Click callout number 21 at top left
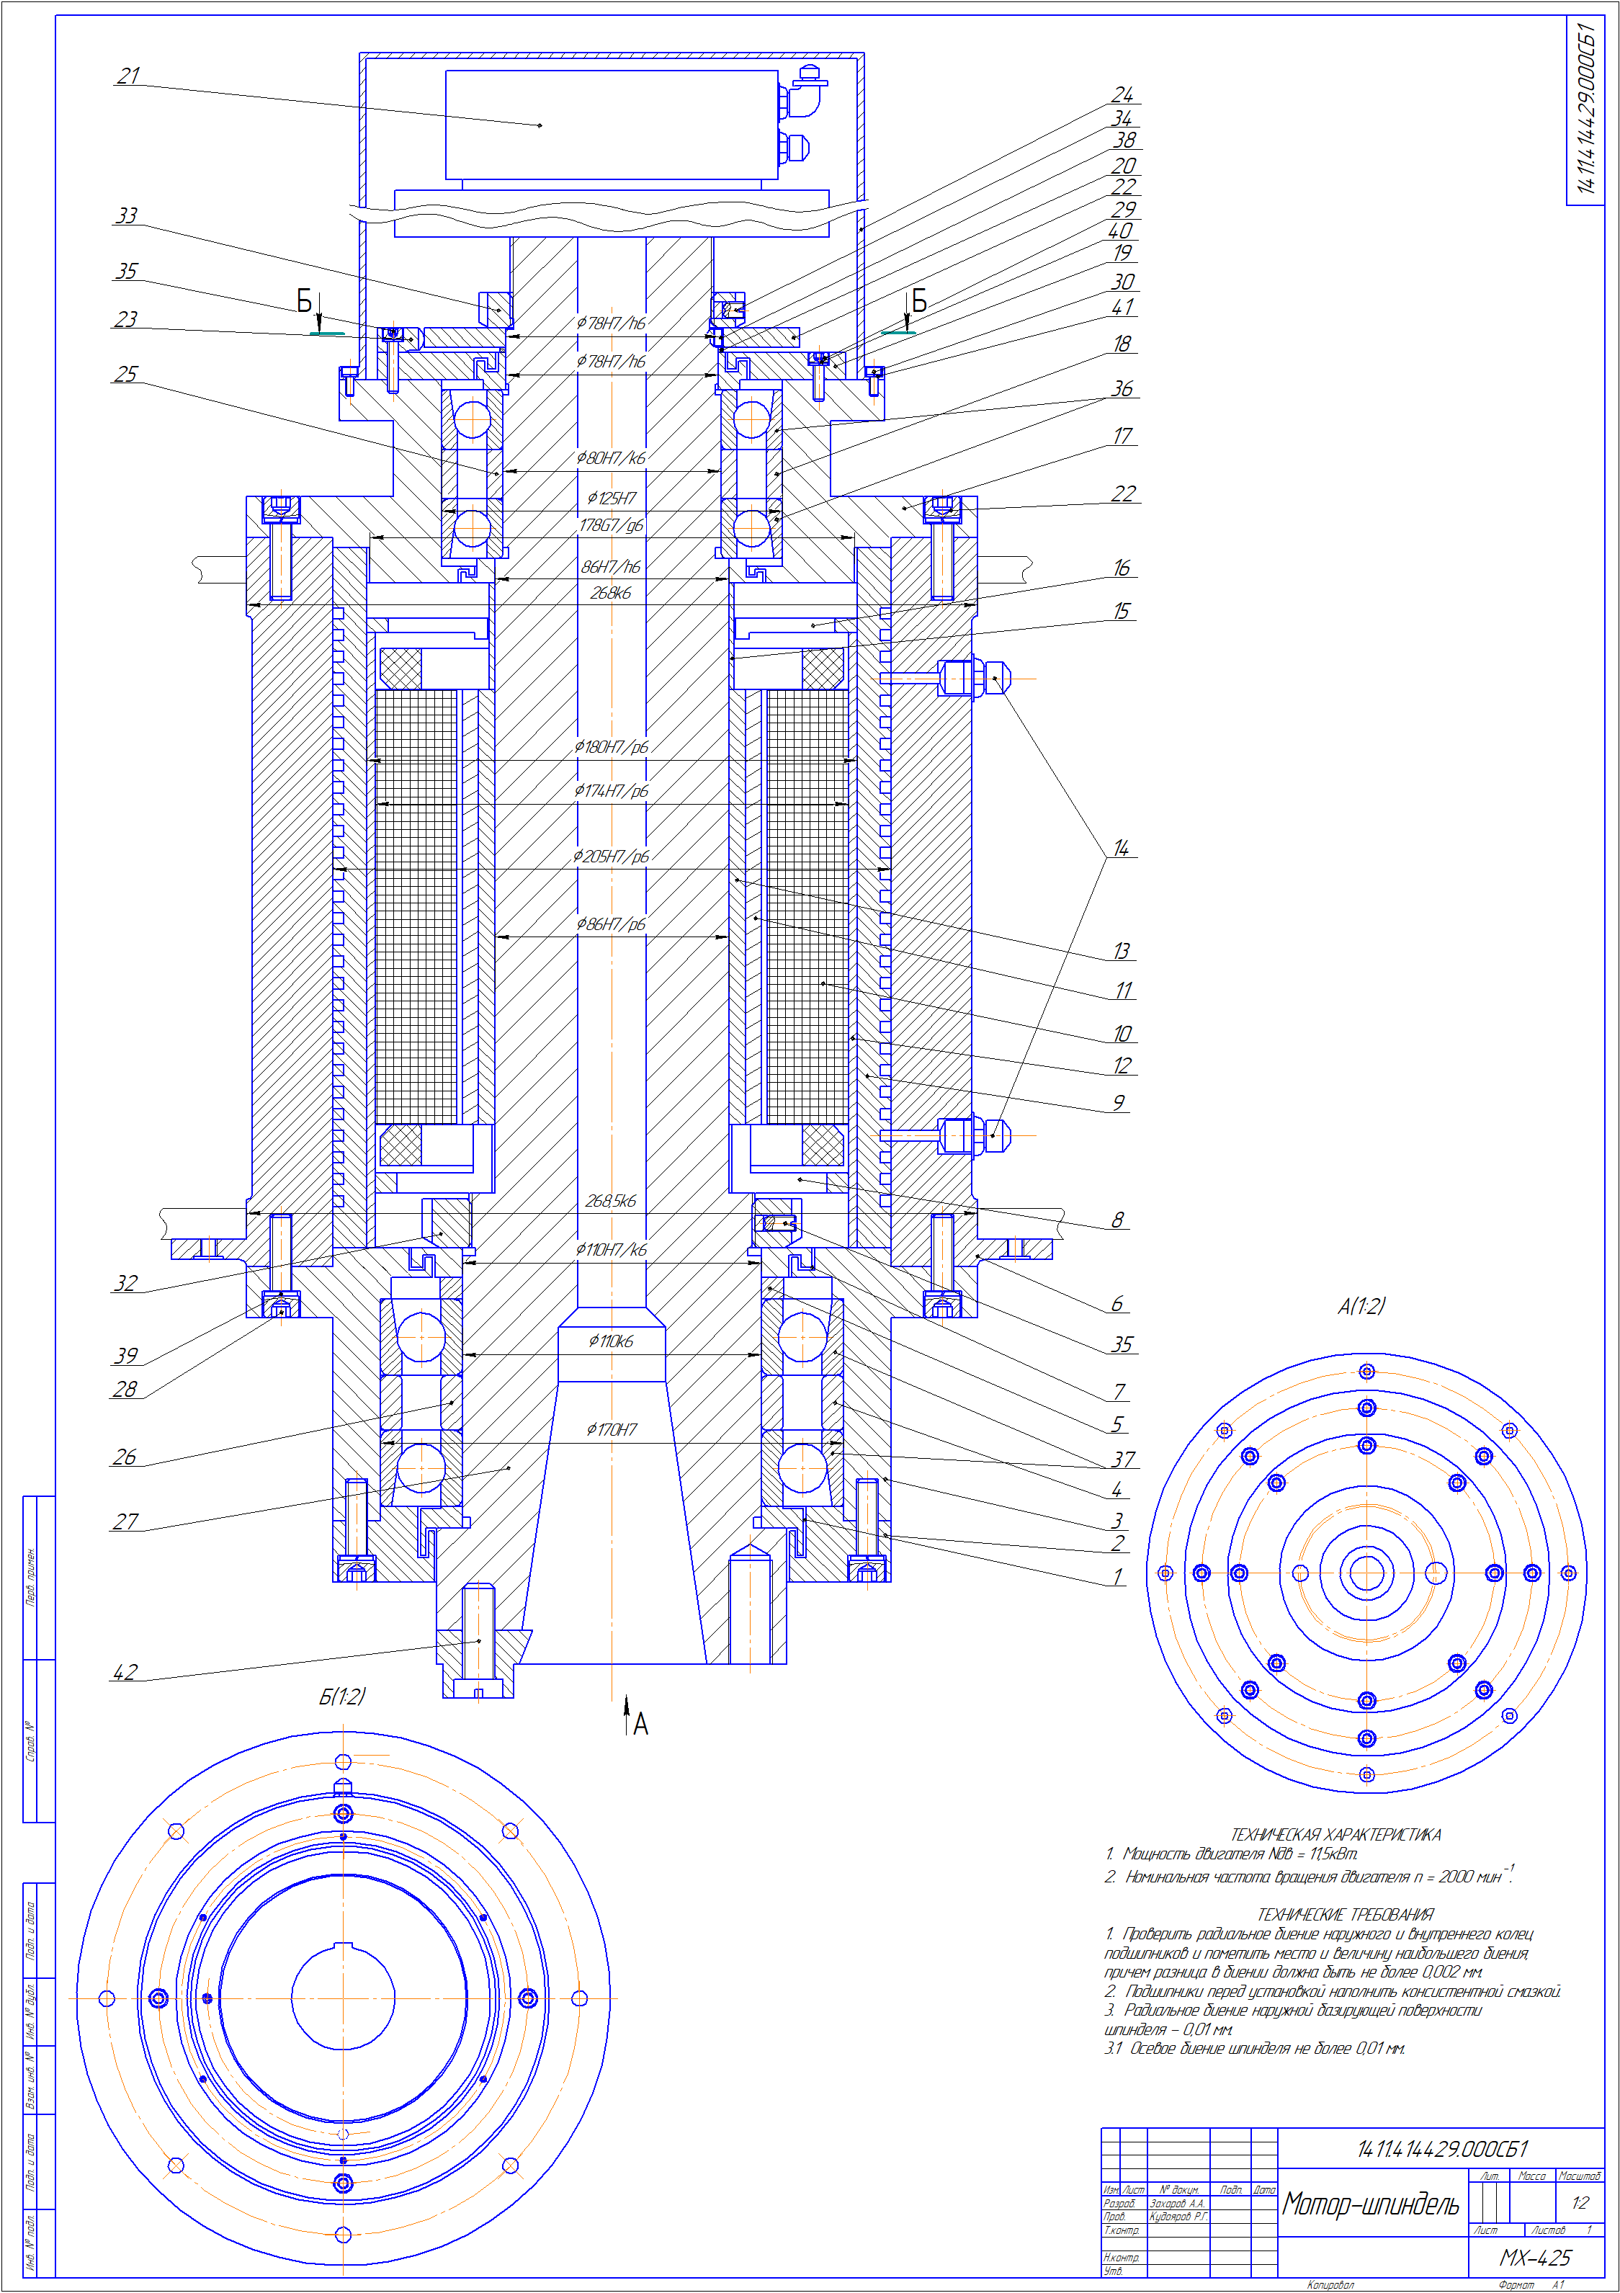(x=127, y=76)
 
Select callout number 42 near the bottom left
(x=125, y=1672)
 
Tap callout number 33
(x=126, y=215)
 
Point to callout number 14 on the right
(x=1121, y=848)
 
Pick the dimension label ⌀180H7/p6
(x=612, y=747)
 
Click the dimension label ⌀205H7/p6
(x=612, y=857)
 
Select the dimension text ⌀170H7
(x=612, y=1430)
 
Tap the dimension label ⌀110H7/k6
(x=612, y=1249)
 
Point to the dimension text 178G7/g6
(x=612, y=525)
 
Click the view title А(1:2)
(x=1361, y=1306)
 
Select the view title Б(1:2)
(x=341, y=1697)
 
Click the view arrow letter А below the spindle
(x=640, y=1724)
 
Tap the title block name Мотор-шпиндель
(x=1370, y=2204)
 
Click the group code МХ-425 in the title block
(x=1535, y=2258)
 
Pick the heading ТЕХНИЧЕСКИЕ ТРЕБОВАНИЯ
(x=1344, y=1915)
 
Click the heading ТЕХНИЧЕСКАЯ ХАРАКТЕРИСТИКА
(x=1335, y=1835)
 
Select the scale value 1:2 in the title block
(x=1579, y=2202)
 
